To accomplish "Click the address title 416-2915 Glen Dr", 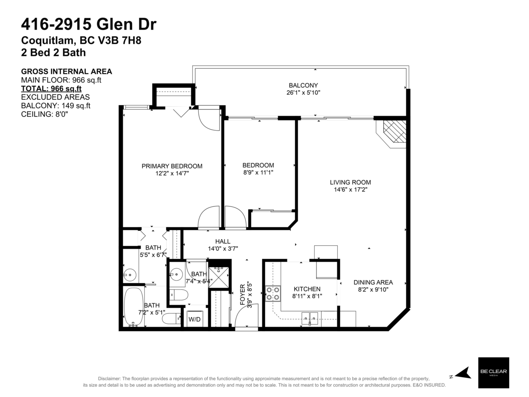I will click(89, 24).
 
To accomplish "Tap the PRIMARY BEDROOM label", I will click(172, 166).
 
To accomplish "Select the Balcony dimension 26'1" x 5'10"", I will click(303, 93).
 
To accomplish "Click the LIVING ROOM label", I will click(350, 182).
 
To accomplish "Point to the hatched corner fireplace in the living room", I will click(394, 132).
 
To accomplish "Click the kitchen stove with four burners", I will click(273, 293).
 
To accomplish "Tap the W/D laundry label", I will click(194, 319).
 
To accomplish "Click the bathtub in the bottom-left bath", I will click(133, 307).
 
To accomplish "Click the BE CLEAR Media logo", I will click(493, 373).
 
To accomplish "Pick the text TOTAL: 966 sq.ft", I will click(51, 88).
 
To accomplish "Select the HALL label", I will click(223, 241).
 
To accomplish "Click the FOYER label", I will click(242, 294).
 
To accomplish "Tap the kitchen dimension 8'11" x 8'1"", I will click(307, 296).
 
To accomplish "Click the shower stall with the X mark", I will click(219, 277).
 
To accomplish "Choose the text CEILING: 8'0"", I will click(45, 114).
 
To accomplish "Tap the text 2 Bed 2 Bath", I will click(53, 52).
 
